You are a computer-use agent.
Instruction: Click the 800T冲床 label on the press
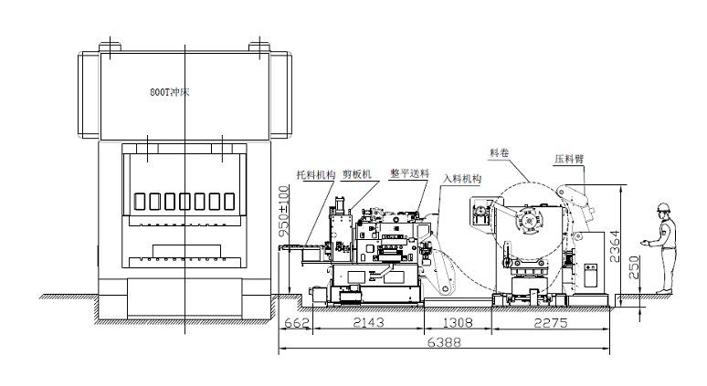point(170,92)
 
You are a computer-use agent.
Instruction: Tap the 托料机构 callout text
point(316,175)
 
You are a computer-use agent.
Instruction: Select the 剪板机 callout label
point(356,174)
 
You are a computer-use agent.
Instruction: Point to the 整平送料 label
point(409,173)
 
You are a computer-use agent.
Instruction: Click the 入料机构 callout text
point(462,179)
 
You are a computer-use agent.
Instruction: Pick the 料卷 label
point(499,152)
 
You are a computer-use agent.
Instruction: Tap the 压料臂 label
point(569,159)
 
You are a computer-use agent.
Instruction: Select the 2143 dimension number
point(368,323)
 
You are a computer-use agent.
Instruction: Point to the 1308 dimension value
point(458,323)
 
